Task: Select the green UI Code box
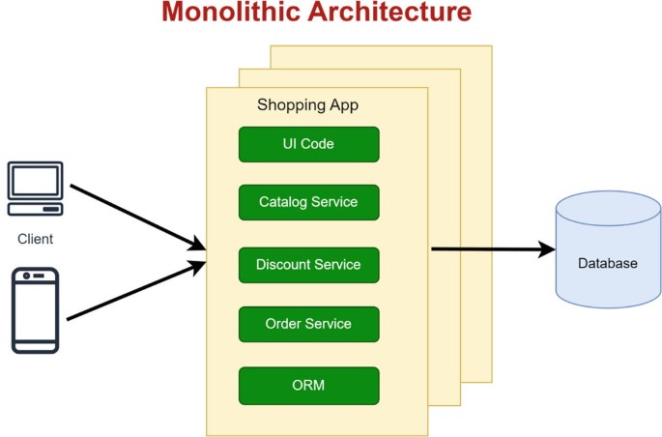[x=308, y=144]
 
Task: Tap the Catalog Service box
[x=308, y=203]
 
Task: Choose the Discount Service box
[x=308, y=265]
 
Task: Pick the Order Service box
[x=308, y=324]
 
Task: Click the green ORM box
[x=308, y=386]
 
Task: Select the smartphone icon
[x=36, y=309]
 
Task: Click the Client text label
[x=36, y=239]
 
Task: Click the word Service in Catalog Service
[x=333, y=203]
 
